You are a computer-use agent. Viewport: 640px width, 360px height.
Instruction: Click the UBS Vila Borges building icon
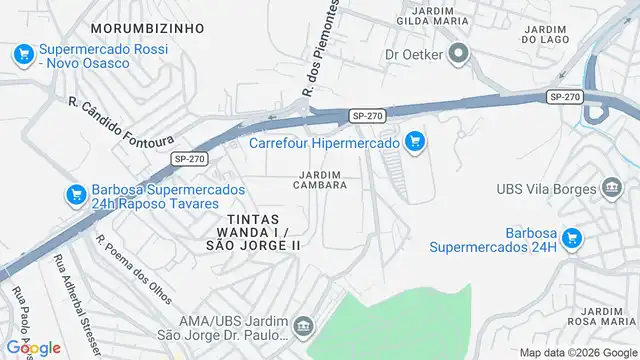(610, 189)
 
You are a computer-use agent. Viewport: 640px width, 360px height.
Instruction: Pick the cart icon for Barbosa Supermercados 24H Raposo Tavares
(74, 195)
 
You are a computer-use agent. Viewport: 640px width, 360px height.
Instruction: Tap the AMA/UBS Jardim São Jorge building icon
(302, 326)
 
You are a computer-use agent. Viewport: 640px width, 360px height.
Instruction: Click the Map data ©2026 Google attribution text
(576, 352)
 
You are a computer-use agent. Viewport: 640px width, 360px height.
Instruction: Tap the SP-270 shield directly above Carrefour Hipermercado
(366, 117)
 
